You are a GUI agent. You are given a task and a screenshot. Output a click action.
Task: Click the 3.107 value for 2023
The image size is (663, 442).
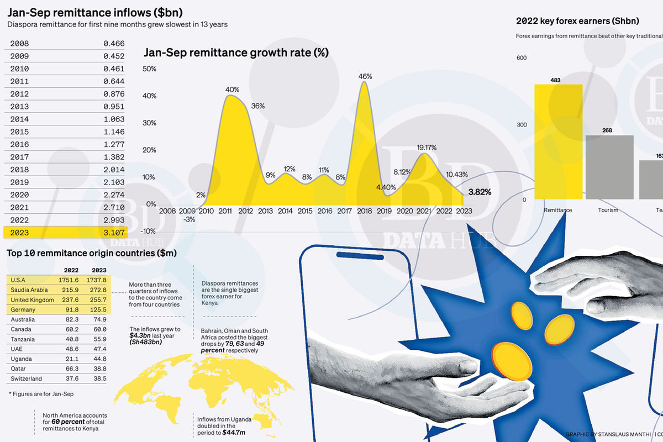pyautogui.click(x=114, y=233)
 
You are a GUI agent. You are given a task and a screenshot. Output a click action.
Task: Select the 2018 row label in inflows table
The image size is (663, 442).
pyautogui.click(x=19, y=170)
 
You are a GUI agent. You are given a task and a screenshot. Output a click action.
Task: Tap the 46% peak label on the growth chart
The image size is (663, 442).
pyautogui.click(x=365, y=76)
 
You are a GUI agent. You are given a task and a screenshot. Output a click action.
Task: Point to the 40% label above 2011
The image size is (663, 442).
pyautogui.click(x=232, y=89)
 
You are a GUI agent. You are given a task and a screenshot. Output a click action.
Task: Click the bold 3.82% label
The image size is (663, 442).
pyautogui.click(x=479, y=192)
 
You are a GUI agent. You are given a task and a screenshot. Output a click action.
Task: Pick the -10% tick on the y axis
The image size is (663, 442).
pyautogui.click(x=149, y=231)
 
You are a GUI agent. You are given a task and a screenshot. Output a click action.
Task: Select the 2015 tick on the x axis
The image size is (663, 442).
pyautogui.click(x=304, y=211)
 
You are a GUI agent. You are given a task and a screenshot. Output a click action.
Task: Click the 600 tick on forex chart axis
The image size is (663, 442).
pyautogui.click(x=522, y=58)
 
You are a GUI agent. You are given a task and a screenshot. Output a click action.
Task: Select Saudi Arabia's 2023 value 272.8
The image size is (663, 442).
pyautogui.click(x=98, y=290)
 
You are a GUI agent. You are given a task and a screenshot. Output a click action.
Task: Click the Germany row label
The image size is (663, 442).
pyautogui.click(x=23, y=310)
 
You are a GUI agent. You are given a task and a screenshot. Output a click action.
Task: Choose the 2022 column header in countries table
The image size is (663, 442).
pyautogui.click(x=70, y=270)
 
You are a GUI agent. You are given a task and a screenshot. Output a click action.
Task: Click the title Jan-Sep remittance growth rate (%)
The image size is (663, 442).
pyautogui.click(x=236, y=53)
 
